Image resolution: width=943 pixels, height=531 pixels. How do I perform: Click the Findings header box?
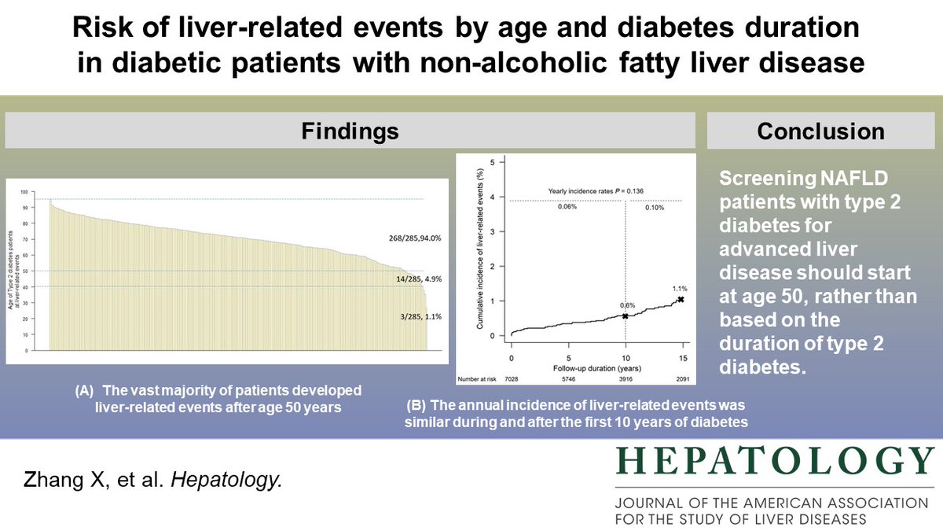coord(350,131)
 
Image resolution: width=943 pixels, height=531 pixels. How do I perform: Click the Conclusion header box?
coord(820,131)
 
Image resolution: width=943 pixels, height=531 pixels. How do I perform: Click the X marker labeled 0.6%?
coord(626,316)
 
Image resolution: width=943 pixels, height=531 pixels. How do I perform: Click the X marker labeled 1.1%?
coord(681,299)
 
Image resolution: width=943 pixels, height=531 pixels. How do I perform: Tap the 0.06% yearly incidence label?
coord(568,207)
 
